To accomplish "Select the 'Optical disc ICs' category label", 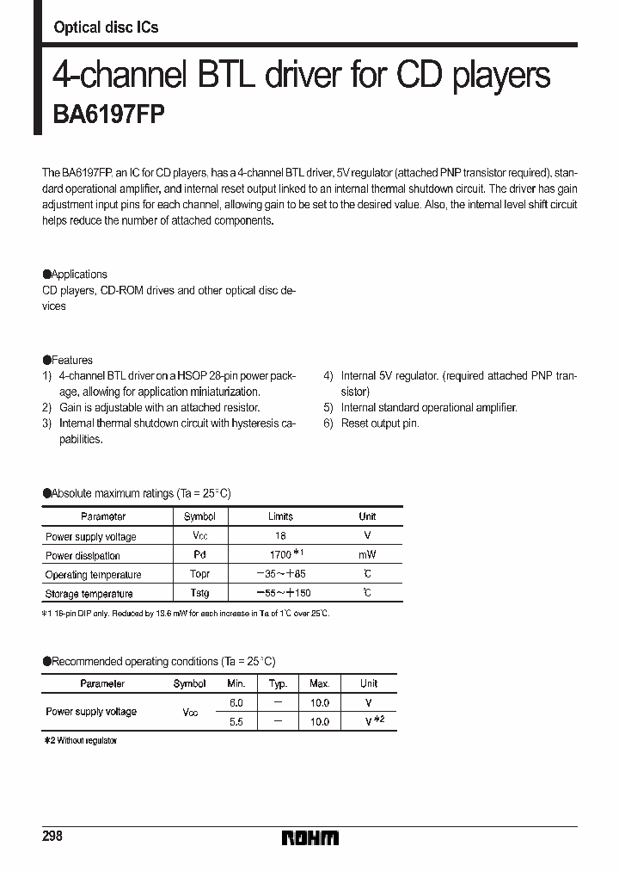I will pyautogui.click(x=106, y=28).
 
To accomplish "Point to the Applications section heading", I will pyautogui.click(x=76, y=275).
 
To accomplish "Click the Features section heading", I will pyautogui.click(x=68, y=360).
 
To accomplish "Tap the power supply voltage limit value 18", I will pyautogui.click(x=280, y=536).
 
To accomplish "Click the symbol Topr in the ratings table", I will pyautogui.click(x=199, y=574).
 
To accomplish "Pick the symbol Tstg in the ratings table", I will pyautogui.click(x=199, y=593).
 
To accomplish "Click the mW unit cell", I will pyautogui.click(x=367, y=555).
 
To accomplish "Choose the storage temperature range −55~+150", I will pyautogui.click(x=280, y=593).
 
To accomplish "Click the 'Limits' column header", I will pyautogui.click(x=280, y=516).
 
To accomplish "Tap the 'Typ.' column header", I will pyautogui.click(x=278, y=683).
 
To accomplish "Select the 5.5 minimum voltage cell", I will pyautogui.click(x=236, y=722).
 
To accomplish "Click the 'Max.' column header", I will pyautogui.click(x=319, y=683).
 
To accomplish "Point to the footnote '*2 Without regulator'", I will pyautogui.click(x=80, y=740).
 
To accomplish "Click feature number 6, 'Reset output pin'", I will pyautogui.click(x=379, y=423).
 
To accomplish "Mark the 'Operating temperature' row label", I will pyautogui.click(x=93, y=574).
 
